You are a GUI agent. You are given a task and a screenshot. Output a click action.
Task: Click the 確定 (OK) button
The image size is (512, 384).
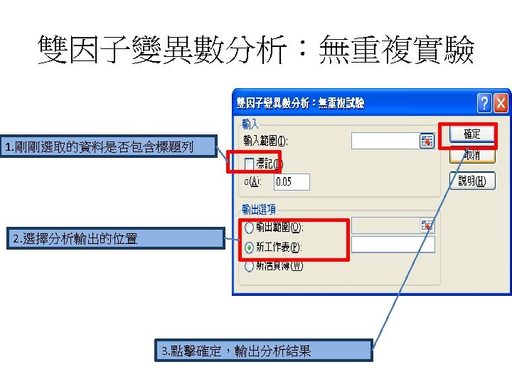click(471, 134)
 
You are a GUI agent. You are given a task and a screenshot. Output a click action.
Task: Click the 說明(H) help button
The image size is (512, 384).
click(471, 181)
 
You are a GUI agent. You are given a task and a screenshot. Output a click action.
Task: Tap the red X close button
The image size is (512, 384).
click(501, 103)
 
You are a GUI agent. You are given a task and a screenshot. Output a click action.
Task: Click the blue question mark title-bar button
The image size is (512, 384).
click(484, 103)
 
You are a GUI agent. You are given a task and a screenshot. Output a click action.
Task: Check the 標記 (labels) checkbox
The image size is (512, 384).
click(249, 164)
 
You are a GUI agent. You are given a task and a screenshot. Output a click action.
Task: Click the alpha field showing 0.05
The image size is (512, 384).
click(292, 181)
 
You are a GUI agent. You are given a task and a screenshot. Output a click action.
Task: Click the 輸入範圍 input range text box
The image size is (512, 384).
click(385, 141)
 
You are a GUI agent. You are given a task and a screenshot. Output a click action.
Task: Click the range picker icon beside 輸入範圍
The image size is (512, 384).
click(427, 141)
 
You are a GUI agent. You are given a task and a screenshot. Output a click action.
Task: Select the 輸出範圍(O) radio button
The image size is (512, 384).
click(249, 228)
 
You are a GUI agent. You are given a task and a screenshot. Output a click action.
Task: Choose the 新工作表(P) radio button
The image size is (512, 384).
click(249, 247)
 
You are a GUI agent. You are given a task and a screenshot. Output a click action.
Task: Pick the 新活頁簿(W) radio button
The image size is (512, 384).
click(249, 266)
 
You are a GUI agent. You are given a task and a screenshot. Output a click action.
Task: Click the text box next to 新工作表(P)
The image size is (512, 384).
click(393, 245)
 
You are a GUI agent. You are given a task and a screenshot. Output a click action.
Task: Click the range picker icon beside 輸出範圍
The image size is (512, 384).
click(427, 226)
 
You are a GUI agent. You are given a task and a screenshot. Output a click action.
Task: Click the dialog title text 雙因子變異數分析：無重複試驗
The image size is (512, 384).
click(300, 103)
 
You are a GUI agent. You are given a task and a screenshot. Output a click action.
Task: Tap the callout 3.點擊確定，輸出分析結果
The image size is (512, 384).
click(263, 351)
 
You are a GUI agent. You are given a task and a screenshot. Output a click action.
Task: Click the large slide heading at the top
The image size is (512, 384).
click(256, 51)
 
